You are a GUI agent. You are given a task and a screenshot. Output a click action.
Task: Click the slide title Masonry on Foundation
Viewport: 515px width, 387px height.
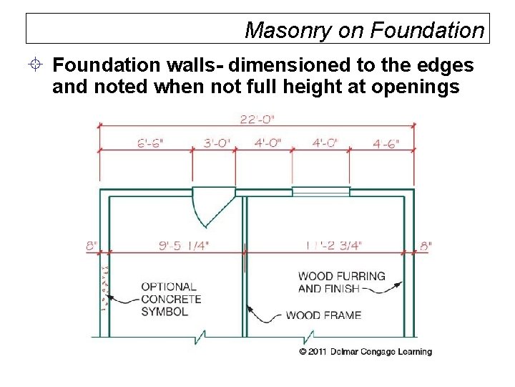click(x=364, y=30)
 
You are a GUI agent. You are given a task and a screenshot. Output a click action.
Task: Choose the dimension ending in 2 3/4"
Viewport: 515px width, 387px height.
click(x=333, y=246)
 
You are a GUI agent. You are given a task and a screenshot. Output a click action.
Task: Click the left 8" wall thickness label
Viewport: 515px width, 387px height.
click(x=92, y=246)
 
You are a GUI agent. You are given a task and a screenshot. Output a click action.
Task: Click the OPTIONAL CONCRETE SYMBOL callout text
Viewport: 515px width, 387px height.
click(x=170, y=299)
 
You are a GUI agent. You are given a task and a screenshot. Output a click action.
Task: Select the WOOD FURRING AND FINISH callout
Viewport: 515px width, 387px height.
click(x=341, y=282)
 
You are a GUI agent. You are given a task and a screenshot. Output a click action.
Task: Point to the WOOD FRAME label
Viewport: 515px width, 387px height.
click(x=323, y=315)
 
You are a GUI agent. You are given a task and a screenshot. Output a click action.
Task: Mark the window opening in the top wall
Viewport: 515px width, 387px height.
click(x=321, y=191)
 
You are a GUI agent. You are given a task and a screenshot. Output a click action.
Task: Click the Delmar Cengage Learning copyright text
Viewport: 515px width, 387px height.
click(x=365, y=352)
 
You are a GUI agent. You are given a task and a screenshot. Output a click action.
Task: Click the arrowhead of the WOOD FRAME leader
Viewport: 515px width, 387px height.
click(x=250, y=308)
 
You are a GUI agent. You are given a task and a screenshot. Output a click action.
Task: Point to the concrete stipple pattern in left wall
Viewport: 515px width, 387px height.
click(x=104, y=287)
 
